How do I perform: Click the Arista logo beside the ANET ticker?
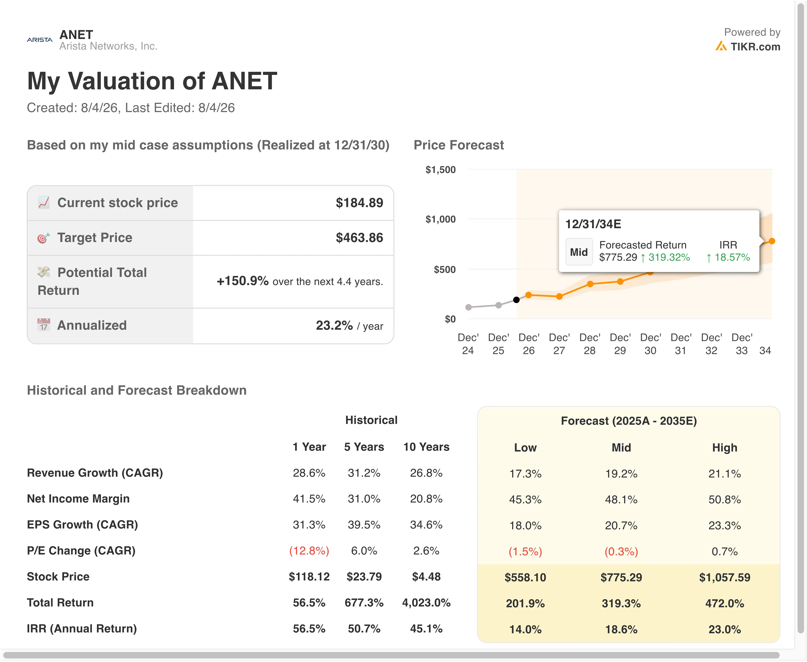[x=40, y=40]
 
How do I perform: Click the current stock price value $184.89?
[x=359, y=203]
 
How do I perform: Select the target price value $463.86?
[x=359, y=238]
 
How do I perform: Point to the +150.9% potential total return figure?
[x=243, y=281]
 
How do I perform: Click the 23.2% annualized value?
[x=334, y=325]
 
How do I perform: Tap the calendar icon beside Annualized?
[x=44, y=325]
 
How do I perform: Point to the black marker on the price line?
[x=516, y=300]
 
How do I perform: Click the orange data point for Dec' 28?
[x=590, y=284]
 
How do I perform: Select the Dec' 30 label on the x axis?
[x=650, y=344]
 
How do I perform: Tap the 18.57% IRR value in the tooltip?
[x=732, y=257]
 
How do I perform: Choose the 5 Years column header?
[x=364, y=447]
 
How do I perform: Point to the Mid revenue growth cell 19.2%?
[x=621, y=474]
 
